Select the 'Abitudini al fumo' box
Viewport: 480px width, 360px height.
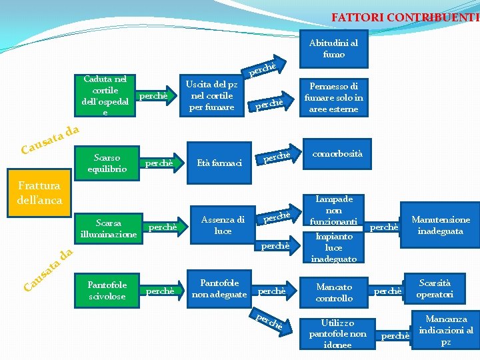[333, 49]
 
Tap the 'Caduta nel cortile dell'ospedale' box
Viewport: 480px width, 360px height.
[105, 95]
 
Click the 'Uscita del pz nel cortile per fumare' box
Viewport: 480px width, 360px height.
[211, 95]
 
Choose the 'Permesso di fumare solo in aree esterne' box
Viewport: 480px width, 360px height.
[333, 97]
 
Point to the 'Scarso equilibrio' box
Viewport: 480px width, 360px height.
[107, 163]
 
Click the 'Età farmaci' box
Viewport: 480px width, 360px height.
[218, 163]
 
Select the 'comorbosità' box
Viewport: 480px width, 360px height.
[338, 154]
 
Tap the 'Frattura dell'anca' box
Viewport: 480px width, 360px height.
[40, 193]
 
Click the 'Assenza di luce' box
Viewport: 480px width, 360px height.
[223, 225]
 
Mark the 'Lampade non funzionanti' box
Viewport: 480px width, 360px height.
[335, 210]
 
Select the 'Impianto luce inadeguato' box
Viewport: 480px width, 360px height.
[335, 247]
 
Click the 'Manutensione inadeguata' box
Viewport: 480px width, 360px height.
[440, 225]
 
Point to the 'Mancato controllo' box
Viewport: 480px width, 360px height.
[335, 292]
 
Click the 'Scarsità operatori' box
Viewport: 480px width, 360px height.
[435, 288]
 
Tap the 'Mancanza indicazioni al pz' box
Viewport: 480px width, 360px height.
[446, 329]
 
